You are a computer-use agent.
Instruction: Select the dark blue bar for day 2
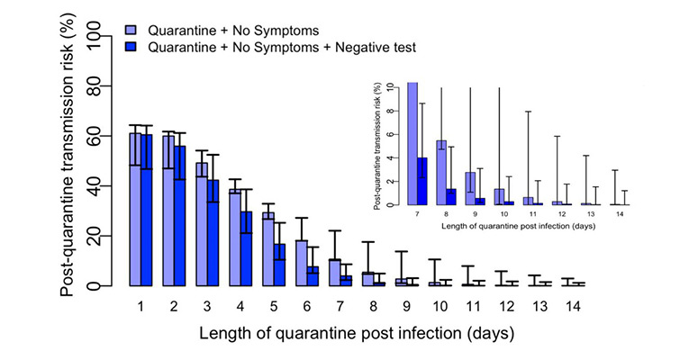click(179, 216)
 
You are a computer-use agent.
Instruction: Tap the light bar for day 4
click(234, 238)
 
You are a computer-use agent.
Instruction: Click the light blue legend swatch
click(131, 29)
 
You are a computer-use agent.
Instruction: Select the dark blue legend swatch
click(131, 44)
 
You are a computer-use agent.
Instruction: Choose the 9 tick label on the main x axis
click(407, 306)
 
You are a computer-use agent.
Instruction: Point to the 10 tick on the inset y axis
click(388, 87)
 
